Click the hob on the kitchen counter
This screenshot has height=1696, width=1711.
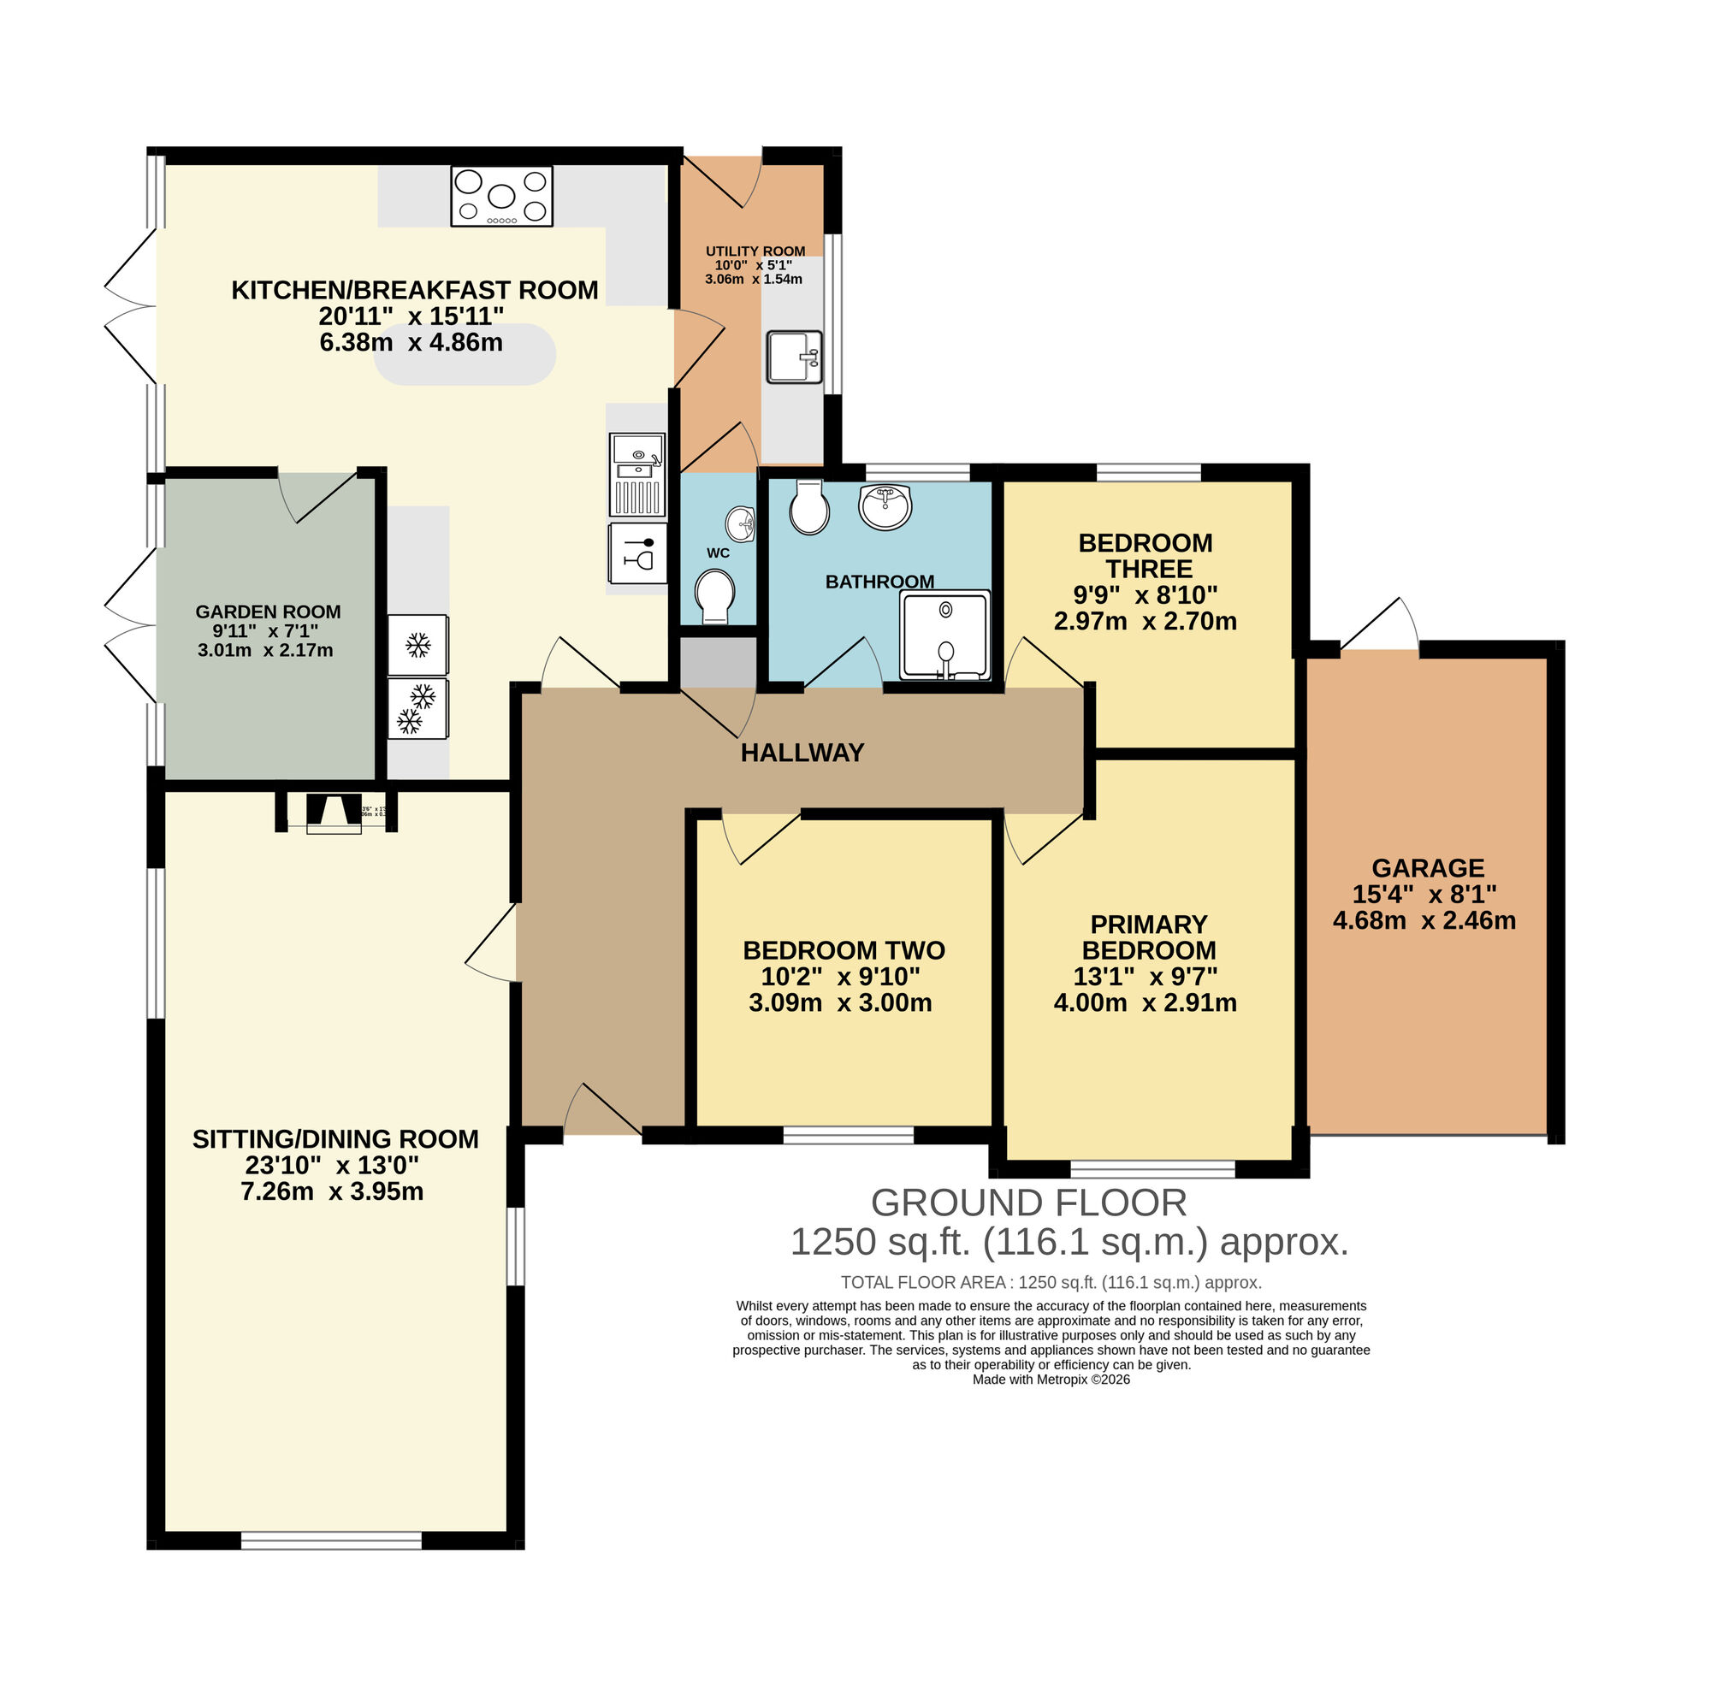pos(501,196)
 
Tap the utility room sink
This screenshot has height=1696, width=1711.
pos(794,357)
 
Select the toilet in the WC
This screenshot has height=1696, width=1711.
pos(714,596)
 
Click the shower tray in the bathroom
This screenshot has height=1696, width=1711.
pos(944,635)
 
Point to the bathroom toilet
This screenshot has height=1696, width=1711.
pos(808,507)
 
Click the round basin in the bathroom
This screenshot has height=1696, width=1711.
pos(885,507)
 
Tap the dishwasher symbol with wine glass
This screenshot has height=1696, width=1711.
pos(637,553)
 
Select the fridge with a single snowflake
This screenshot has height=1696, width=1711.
pos(418,645)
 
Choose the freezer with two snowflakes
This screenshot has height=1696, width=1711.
pos(418,708)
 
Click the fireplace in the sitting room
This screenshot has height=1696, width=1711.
pos(334,813)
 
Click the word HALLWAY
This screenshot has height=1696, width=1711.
pos(802,753)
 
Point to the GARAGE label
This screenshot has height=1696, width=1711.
pos(1428,867)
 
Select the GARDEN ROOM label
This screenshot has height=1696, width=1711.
pos(268,612)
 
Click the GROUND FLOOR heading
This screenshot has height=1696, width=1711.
pos(1028,1203)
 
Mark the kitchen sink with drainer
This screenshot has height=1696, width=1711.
pos(636,474)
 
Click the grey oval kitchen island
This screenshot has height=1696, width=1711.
pos(465,354)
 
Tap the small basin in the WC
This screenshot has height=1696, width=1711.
pos(740,524)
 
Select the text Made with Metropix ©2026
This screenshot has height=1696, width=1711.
pos(1051,1379)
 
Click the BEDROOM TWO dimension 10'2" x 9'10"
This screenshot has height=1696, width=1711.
pos(839,977)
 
